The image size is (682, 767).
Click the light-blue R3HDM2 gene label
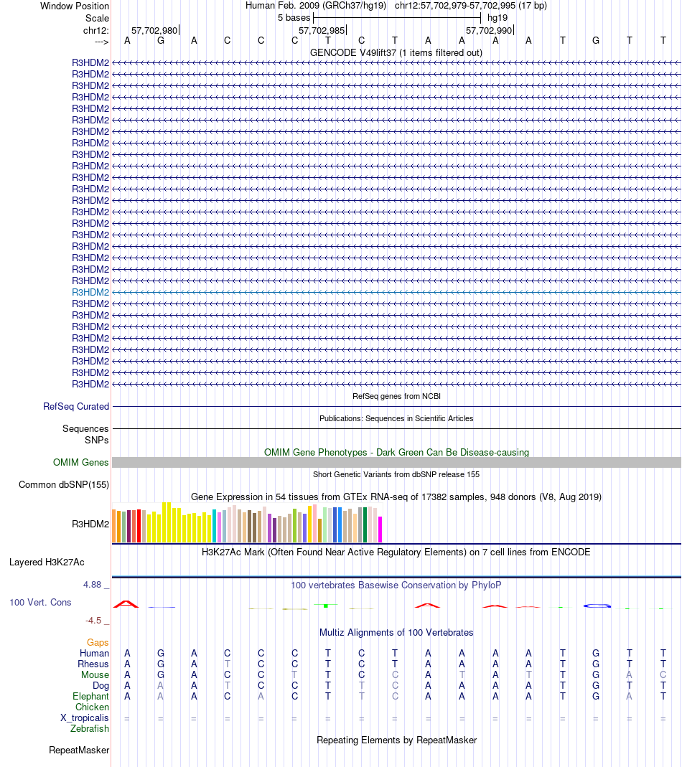click(x=90, y=293)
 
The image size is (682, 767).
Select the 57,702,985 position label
click(x=322, y=31)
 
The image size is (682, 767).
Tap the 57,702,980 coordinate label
click(x=154, y=31)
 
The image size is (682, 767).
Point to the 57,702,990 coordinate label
click(x=489, y=31)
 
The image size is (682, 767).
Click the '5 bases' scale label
click(x=294, y=18)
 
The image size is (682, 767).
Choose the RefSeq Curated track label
click(x=76, y=407)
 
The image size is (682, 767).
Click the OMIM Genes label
click(x=81, y=463)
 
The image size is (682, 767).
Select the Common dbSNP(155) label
click(x=64, y=485)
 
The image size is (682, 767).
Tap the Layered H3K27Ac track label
click(x=47, y=563)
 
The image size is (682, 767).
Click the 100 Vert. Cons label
click(x=40, y=603)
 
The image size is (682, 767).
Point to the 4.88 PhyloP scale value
click(x=93, y=585)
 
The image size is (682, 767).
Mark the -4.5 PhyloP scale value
click(x=94, y=621)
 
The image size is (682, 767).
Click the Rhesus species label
click(x=93, y=664)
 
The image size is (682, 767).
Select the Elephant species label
click(x=91, y=697)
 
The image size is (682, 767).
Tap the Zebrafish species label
click(x=90, y=729)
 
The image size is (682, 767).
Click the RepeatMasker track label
click(x=79, y=750)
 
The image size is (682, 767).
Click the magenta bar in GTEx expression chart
click(x=380, y=530)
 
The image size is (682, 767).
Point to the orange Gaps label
click(x=98, y=643)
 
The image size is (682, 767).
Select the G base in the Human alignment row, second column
click(x=161, y=654)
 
